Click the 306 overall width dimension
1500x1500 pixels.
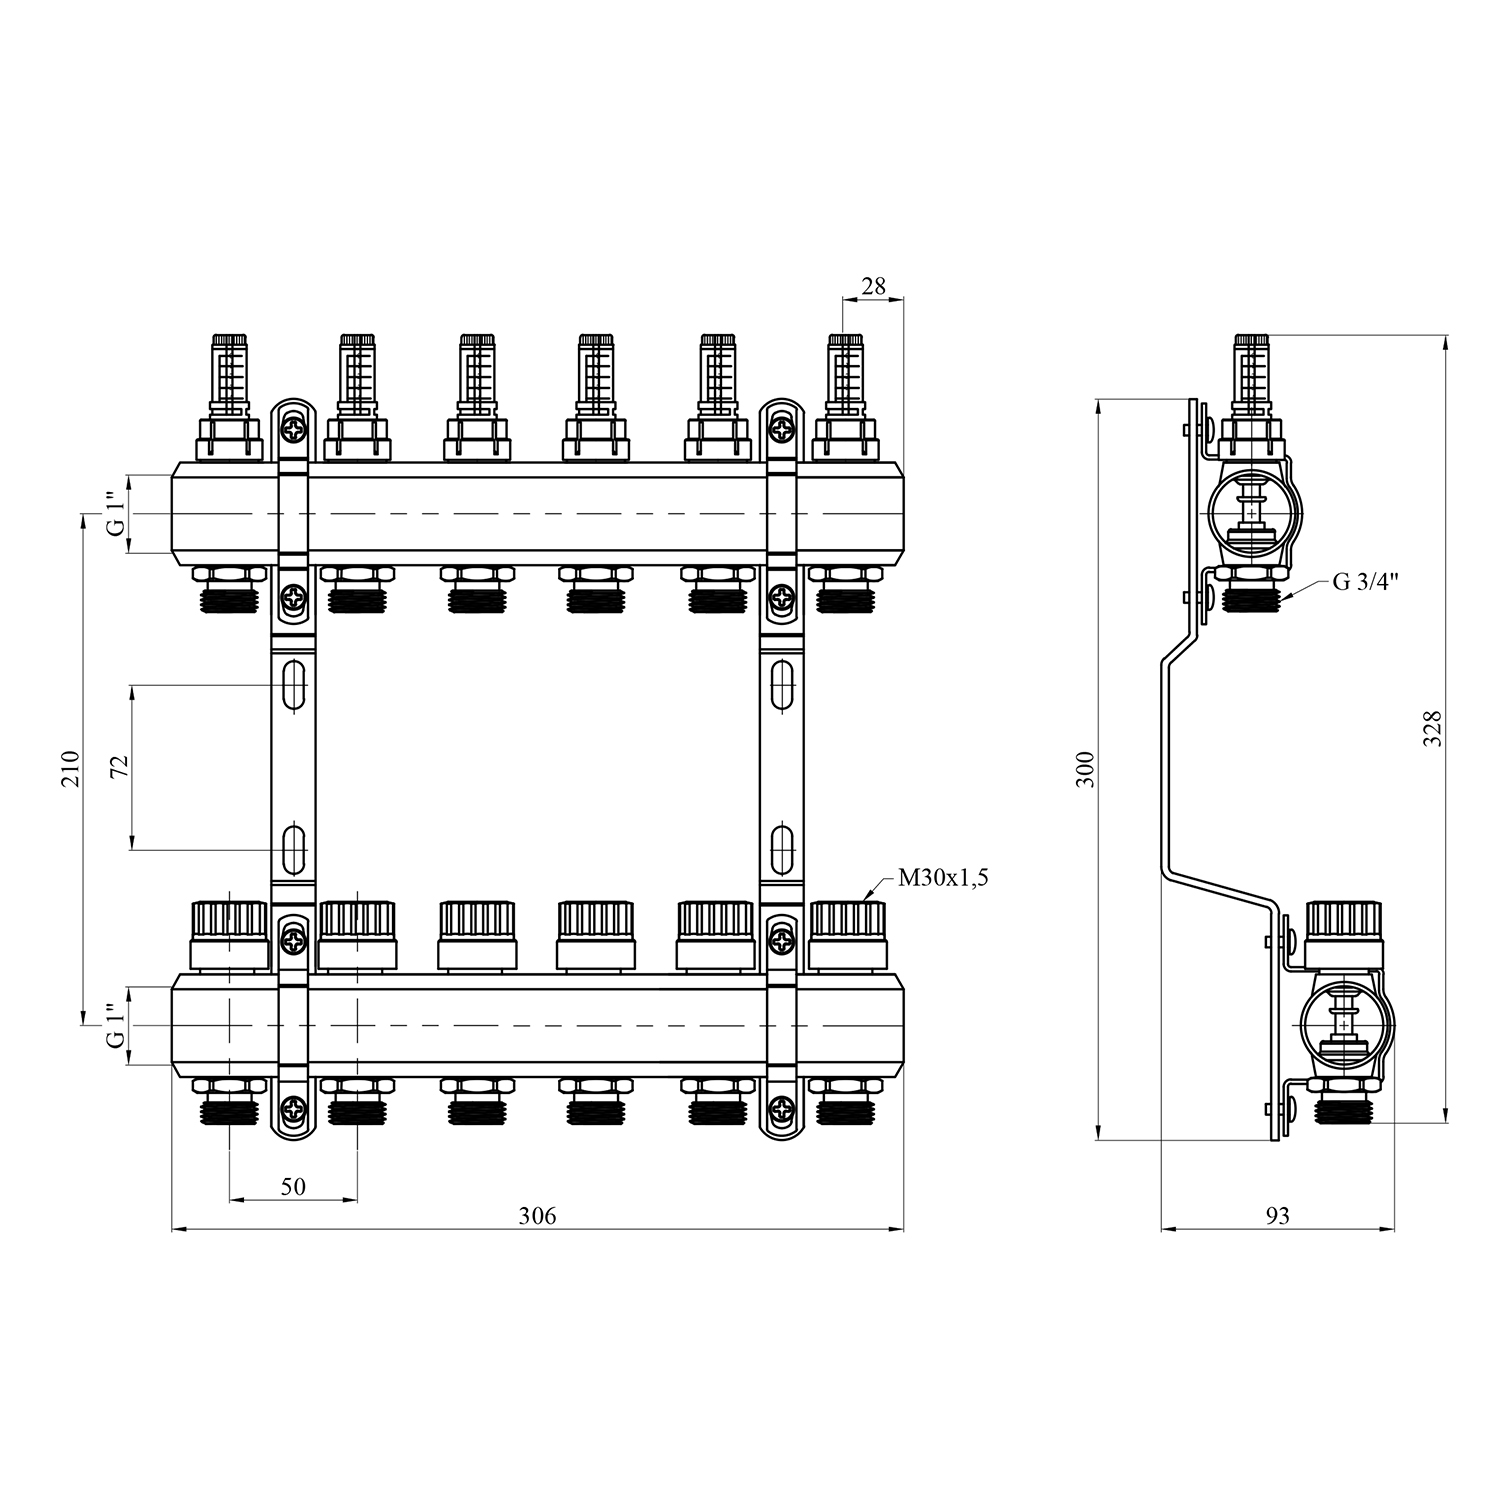coord(537,1216)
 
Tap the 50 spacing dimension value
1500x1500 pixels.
coord(293,1187)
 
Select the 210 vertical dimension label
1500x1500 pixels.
coord(70,768)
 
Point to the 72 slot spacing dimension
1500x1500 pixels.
coord(119,767)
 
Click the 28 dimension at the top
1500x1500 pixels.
coord(873,286)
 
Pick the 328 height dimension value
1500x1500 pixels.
coord(1433,728)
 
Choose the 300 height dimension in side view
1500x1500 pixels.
coord(1087,768)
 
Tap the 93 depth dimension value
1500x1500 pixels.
coord(1278,1216)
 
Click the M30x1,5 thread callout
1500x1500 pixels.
coord(943,879)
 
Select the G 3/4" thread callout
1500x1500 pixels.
coord(1365,582)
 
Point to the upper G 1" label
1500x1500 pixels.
coord(118,514)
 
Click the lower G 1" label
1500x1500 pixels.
coord(118,1026)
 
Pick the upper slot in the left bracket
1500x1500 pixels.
coord(293,685)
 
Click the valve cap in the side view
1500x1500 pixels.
coord(1345,935)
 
